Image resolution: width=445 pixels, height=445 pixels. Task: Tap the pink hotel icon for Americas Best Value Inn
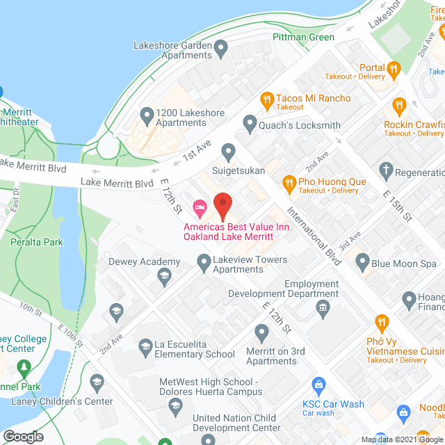200,207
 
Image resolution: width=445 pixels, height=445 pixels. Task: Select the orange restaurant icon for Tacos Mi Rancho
266,100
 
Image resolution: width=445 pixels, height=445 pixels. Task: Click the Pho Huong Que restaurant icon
289,183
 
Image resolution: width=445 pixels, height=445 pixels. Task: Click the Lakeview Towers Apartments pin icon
204,262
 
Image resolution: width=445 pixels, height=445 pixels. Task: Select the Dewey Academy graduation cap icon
163,277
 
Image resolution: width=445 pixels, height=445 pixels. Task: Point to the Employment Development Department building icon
322,308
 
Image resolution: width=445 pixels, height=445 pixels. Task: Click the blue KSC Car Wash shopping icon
319,385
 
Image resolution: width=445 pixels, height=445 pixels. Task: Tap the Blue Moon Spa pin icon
362,263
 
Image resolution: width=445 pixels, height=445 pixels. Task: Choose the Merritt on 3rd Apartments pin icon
262,333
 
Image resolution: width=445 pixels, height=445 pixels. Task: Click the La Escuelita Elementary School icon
145,346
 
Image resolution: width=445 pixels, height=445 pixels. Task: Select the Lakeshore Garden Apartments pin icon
222,49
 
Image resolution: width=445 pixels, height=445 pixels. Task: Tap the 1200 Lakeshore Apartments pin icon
147,114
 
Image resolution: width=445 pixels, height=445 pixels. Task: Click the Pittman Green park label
303,37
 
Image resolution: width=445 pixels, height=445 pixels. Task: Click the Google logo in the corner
22,437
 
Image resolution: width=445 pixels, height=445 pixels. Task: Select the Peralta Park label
36,242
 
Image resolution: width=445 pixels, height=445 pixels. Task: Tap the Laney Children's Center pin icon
97,382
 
